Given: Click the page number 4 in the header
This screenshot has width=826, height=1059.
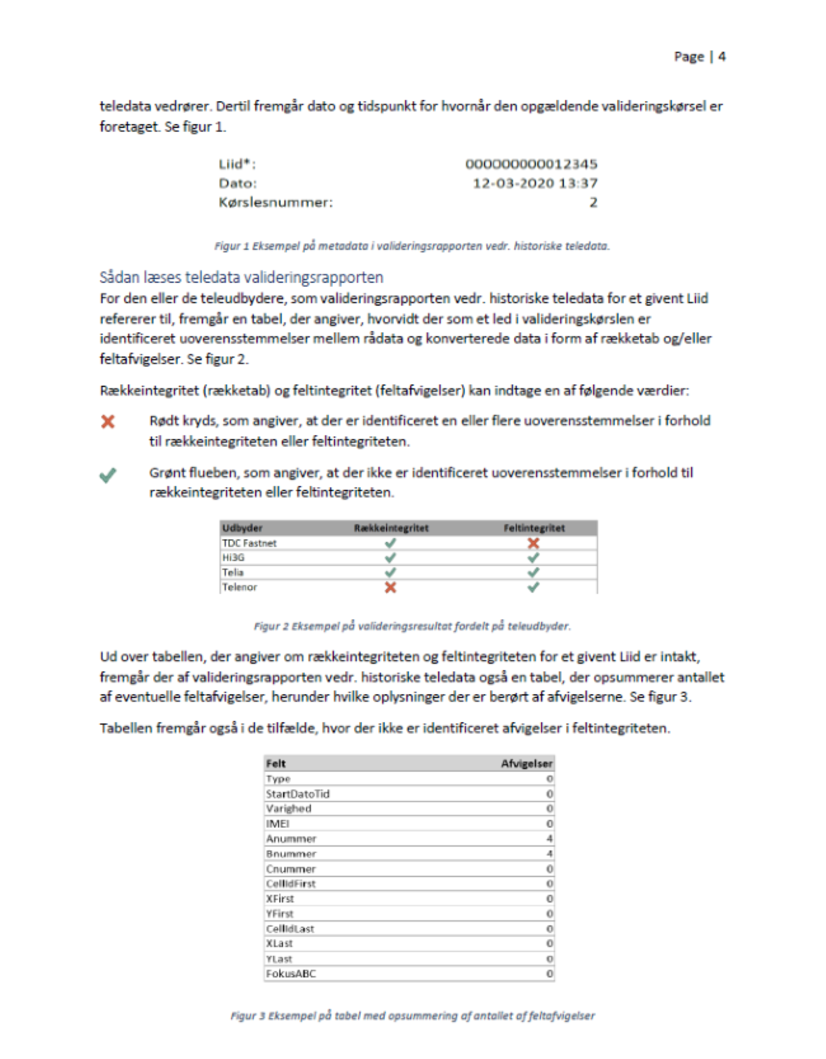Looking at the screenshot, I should coord(722,57).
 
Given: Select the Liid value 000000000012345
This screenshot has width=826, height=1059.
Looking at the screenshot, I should coord(531,164).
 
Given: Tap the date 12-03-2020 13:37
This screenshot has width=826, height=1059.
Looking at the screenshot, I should coord(535,183).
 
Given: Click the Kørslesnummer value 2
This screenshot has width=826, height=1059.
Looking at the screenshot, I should coord(593,203).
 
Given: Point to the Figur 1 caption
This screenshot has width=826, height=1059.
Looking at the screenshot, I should coord(412,246).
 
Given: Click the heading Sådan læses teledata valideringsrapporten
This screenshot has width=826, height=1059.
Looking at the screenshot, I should coord(241,277).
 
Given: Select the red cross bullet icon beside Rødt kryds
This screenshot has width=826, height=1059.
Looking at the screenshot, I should coord(108,422).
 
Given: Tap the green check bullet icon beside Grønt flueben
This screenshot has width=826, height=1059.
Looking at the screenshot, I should coord(108,475).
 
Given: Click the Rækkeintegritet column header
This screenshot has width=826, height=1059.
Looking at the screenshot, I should coord(391,528).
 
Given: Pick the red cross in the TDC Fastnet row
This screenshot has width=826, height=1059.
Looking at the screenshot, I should coord(533,543).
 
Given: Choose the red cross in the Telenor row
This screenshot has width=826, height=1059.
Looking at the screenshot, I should coord(390,587).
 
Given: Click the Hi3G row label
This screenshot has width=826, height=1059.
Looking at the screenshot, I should coord(233,557).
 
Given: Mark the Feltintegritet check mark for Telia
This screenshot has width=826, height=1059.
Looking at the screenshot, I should coord(533,572).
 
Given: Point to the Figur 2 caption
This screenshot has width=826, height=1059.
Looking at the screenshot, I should coord(412,626).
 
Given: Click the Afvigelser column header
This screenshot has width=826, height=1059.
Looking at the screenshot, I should coord(527,764).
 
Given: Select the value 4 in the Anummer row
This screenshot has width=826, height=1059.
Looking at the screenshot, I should coord(550,839).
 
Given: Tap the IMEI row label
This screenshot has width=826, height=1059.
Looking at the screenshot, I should coord(278,823).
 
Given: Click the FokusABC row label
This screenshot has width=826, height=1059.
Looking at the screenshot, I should coord(291,974).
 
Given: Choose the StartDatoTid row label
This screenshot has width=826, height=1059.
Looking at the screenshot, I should coord(297,794).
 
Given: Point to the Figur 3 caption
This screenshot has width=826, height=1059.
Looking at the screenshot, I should coord(412,1016).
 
